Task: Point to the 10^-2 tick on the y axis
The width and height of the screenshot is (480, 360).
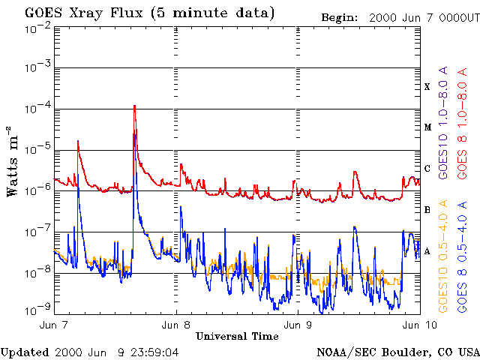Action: (36, 28)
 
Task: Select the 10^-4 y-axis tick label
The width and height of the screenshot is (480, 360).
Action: (36, 109)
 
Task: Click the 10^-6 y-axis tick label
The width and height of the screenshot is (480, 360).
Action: (36, 191)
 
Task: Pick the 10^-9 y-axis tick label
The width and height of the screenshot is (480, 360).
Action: (36, 309)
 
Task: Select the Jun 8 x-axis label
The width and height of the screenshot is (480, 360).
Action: (177, 325)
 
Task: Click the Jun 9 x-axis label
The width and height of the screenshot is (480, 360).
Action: (298, 325)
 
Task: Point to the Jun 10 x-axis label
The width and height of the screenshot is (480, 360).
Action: (415, 325)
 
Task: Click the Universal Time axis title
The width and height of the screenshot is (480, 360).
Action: (237, 336)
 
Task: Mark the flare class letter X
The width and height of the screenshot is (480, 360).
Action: (427, 87)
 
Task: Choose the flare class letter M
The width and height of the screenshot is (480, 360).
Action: (427, 127)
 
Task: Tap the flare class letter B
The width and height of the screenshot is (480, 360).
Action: (427, 209)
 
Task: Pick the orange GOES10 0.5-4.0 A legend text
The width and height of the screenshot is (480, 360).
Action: (443, 256)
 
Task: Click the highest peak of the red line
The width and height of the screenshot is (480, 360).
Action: (134, 106)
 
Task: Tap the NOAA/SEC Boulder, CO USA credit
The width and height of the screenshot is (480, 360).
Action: (397, 352)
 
